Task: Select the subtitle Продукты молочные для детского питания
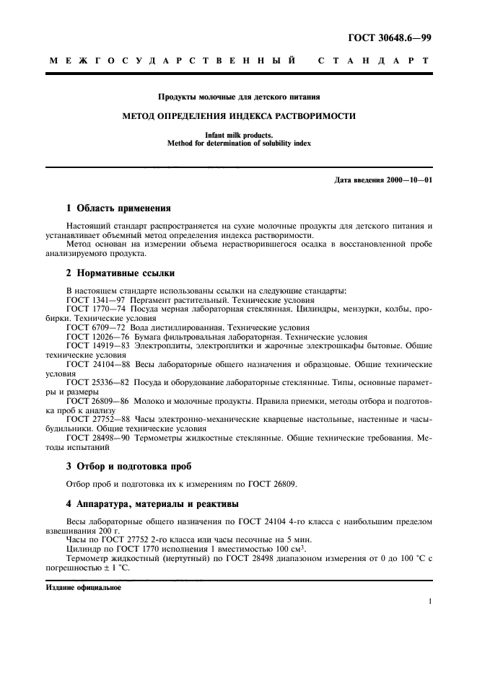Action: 239,96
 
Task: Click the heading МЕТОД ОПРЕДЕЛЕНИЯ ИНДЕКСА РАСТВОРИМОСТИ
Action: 239,115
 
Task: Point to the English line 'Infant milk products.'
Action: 239,135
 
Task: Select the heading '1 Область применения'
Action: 116,208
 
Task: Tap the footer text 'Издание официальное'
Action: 84,587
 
